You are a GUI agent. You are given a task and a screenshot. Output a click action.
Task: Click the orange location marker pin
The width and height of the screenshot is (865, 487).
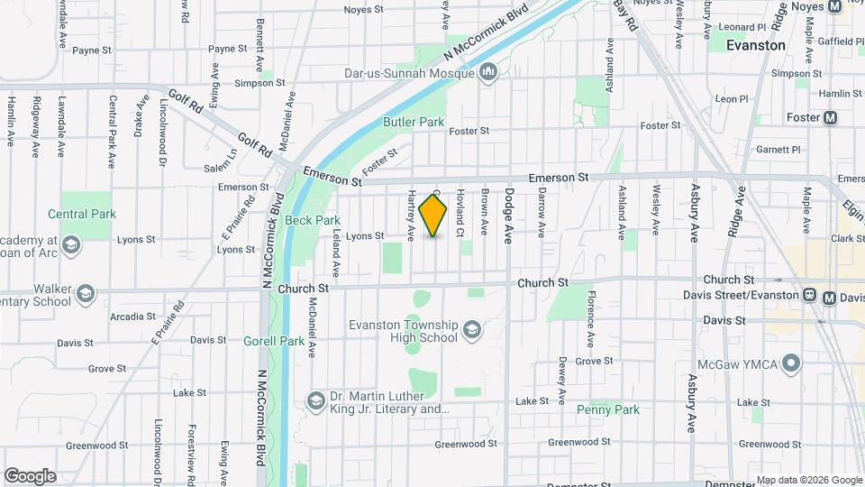[x=433, y=215]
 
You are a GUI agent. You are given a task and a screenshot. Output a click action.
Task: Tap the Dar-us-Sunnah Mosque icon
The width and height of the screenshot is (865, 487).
[x=489, y=71]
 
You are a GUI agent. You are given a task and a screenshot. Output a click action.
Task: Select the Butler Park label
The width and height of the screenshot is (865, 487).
[x=414, y=122]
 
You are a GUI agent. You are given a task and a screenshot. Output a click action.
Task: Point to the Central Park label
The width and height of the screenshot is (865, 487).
[x=82, y=214]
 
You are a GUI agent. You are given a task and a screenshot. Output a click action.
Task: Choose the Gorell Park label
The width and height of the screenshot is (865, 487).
[x=274, y=341]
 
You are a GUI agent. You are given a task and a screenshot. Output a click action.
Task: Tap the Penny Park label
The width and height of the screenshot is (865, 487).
[x=608, y=409]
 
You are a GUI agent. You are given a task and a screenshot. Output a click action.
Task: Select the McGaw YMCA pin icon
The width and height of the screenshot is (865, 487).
[x=791, y=364]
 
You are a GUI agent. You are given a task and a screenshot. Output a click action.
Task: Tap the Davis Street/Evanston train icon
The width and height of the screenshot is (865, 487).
[x=810, y=295]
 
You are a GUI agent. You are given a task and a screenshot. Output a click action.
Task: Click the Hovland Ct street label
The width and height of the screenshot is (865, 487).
[x=460, y=213]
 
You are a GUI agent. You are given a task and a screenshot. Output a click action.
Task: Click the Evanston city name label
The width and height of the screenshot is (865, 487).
[x=755, y=44]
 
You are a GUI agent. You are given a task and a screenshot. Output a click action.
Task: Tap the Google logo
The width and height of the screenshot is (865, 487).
[x=29, y=476]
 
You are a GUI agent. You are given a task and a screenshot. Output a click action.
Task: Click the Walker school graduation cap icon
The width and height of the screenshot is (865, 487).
[x=85, y=294]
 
